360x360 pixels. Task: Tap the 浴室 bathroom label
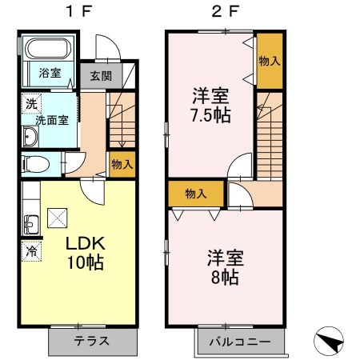[50, 73]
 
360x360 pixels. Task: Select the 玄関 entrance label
[100, 77]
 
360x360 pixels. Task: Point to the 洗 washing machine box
[30, 102]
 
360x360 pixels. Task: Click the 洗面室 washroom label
[50, 121]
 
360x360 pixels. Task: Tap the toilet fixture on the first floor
[37, 165]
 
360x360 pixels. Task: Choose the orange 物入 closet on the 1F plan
[122, 163]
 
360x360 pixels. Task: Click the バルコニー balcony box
[240, 341]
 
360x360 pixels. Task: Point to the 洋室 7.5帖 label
[211, 106]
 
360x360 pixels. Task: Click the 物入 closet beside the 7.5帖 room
[270, 61]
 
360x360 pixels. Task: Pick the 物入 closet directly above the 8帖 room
[195, 193]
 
